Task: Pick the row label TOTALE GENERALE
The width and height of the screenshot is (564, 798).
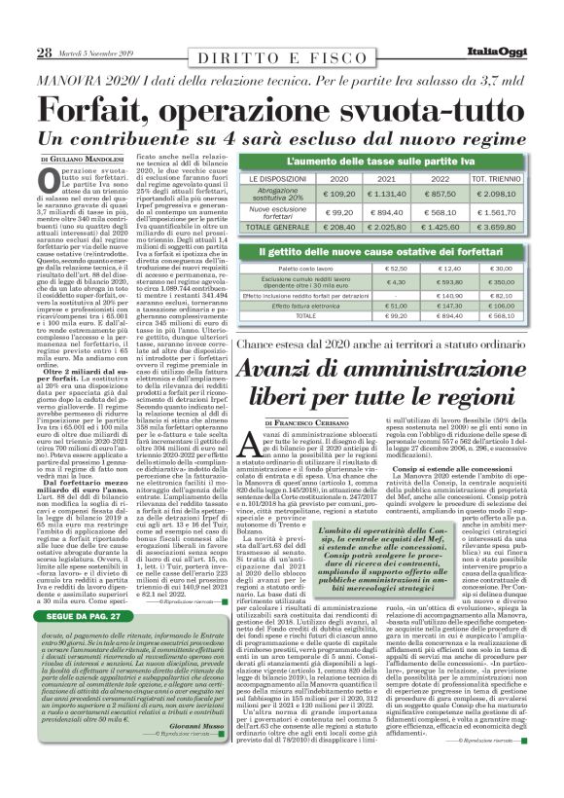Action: click(272, 227)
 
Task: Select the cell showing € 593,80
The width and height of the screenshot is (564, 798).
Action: click(451, 282)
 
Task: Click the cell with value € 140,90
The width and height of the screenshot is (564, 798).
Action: click(451, 295)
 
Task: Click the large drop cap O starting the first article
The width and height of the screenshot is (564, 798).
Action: click(53, 183)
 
